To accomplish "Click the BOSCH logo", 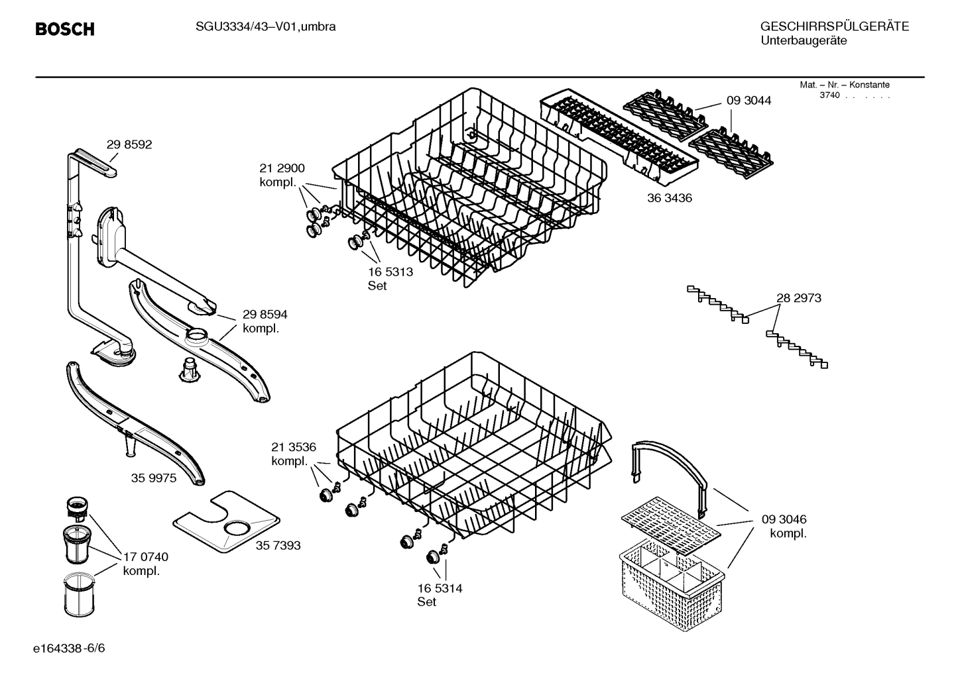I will (x=64, y=29).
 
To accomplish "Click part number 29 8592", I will (x=129, y=144).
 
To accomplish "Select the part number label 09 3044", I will (x=748, y=101).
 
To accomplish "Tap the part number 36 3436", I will (x=669, y=198).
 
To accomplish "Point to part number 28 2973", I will (x=798, y=298).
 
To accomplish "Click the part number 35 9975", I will (x=154, y=478).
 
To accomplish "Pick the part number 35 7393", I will (x=278, y=545).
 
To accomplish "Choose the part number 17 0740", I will (x=145, y=557).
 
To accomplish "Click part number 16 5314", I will (x=440, y=588).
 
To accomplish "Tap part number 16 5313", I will (x=390, y=272).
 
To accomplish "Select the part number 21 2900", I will (x=282, y=168).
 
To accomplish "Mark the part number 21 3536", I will (x=293, y=447).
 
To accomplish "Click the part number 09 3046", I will (x=784, y=519).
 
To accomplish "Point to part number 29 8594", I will (x=265, y=315).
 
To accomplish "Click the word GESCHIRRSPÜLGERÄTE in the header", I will (x=834, y=26).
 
